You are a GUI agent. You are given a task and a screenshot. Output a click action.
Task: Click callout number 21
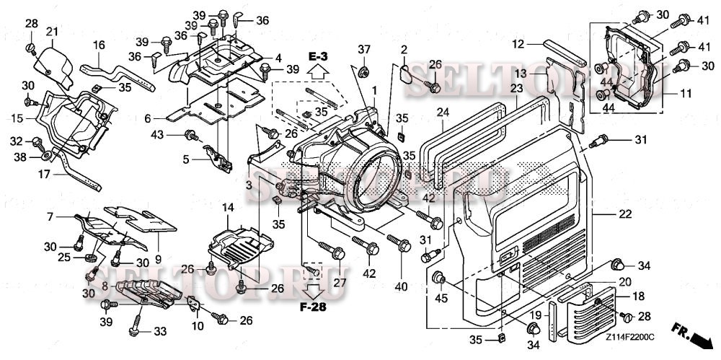click(x=52, y=31)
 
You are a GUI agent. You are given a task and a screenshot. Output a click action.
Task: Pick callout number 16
click(x=99, y=45)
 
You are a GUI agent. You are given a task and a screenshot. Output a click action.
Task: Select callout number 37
click(x=364, y=49)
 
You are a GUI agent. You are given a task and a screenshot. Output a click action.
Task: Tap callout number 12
click(x=518, y=44)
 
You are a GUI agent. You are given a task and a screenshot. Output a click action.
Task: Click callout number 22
click(x=624, y=214)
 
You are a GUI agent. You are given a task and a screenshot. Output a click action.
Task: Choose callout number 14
click(x=228, y=208)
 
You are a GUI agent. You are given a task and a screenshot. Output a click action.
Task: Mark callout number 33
click(x=159, y=331)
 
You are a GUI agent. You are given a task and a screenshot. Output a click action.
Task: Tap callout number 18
click(x=639, y=297)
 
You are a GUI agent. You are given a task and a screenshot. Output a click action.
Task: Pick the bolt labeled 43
click(x=192, y=134)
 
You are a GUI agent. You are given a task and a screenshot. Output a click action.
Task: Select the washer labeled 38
click(x=45, y=154)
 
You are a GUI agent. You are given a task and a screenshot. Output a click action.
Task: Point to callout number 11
click(x=684, y=93)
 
